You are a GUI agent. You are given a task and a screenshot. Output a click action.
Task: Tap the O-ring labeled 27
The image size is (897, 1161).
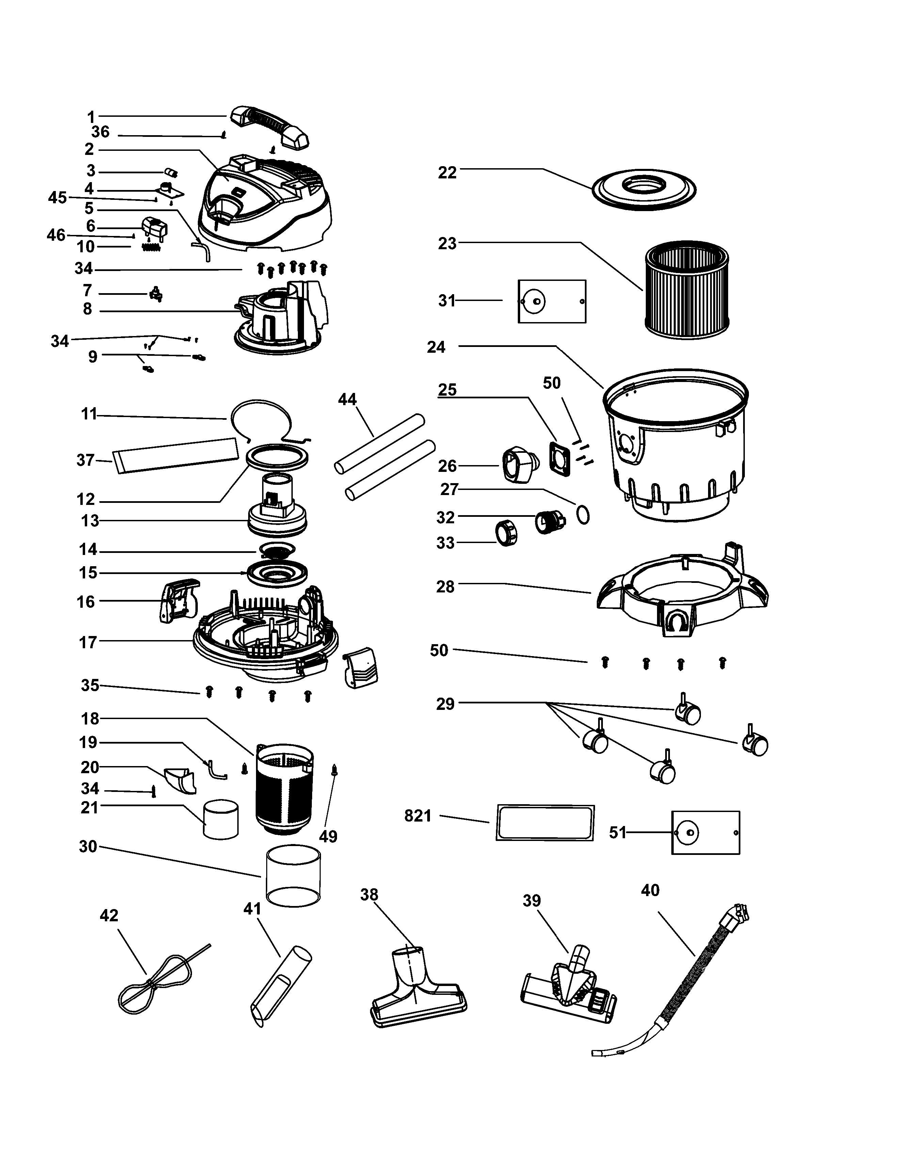click(583, 514)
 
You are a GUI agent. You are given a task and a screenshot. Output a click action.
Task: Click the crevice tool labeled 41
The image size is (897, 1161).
click(280, 987)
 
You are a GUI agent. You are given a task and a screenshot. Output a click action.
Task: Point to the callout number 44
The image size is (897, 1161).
click(347, 399)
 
